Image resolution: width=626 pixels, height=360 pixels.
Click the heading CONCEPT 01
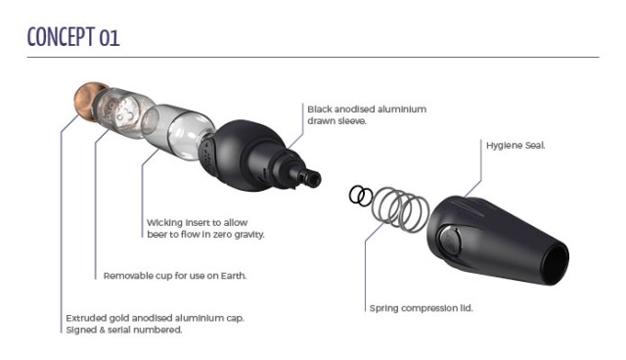click(x=73, y=37)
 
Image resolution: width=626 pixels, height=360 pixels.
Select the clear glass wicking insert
click(x=179, y=132)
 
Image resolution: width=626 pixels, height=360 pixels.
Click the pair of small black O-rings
click(x=361, y=196)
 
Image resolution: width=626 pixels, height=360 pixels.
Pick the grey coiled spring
click(x=400, y=209)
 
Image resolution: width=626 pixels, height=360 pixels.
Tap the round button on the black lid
click(x=450, y=241)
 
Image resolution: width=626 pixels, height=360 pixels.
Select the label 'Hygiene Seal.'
click(x=515, y=146)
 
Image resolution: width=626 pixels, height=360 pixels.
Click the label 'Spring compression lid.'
click(x=421, y=308)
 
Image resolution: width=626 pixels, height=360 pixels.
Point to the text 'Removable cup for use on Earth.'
click(x=175, y=276)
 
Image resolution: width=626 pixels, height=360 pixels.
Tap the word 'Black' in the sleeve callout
click(x=320, y=109)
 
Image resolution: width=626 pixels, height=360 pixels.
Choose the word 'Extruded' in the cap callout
click(x=83, y=318)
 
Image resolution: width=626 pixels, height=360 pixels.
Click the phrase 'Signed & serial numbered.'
click(x=124, y=330)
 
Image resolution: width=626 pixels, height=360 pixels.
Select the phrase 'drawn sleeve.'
click(x=336, y=121)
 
